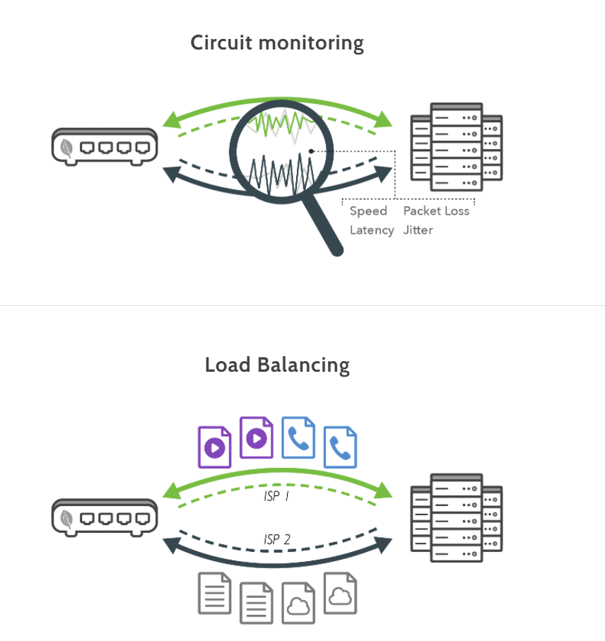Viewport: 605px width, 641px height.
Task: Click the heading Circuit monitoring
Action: coord(277,43)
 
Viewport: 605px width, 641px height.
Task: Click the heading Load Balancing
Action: coord(277,365)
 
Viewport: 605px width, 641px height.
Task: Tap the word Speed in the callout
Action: coord(368,211)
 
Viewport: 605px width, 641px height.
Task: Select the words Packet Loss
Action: coord(436,211)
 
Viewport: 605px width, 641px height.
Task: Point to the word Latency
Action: coord(372,230)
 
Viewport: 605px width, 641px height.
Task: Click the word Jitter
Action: coord(418,230)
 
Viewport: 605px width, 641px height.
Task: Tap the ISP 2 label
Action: coord(277,540)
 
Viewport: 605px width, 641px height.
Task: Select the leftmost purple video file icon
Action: coord(215,447)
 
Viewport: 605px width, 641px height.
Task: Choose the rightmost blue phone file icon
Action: coord(340,447)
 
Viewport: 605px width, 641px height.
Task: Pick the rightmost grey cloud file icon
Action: coord(340,593)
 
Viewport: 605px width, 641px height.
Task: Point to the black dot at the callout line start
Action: coord(311,151)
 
